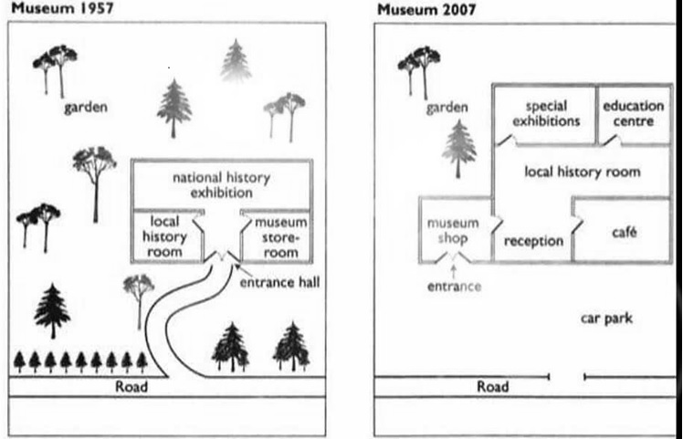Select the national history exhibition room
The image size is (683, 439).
[x=223, y=184]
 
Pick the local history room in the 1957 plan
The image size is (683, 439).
[x=165, y=236]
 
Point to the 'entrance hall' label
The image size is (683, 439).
[x=278, y=284]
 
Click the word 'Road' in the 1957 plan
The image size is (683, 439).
[x=131, y=386]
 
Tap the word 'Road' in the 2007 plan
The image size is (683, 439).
[x=493, y=386]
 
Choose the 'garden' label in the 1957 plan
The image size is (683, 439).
[x=86, y=108]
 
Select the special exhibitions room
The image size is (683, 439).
[x=545, y=113]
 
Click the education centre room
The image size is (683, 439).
[x=633, y=113]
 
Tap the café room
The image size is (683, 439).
[x=624, y=233]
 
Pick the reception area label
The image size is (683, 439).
[x=533, y=241]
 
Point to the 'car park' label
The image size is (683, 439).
[x=606, y=319]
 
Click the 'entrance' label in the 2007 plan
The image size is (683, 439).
[x=453, y=287]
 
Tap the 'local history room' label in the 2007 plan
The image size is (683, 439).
[x=582, y=171]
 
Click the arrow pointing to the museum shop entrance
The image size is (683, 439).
[x=453, y=270]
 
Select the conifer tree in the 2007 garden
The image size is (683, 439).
[x=458, y=148]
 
